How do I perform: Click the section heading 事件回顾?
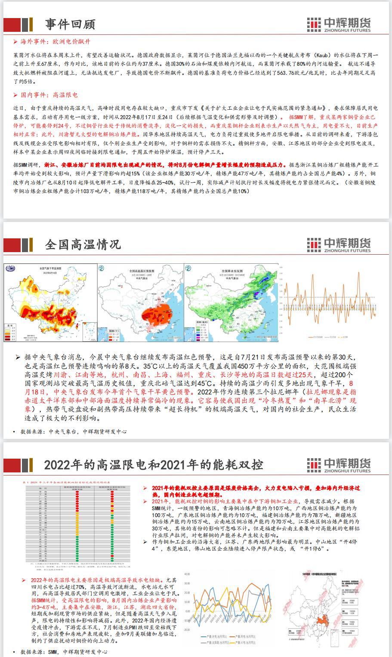click(x=70, y=25)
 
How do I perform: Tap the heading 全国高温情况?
click(x=83, y=244)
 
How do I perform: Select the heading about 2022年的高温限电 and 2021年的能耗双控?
click(x=153, y=465)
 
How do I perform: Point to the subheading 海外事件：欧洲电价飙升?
click(x=56, y=42)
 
